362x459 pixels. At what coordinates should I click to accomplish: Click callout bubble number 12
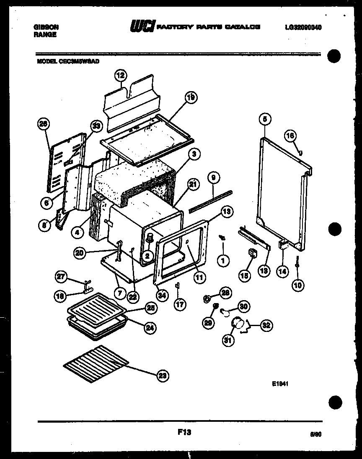click(x=120, y=76)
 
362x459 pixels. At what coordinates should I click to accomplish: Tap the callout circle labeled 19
click(x=191, y=98)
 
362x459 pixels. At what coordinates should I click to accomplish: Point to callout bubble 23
click(x=163, y=376)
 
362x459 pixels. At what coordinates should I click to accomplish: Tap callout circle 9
click(x=213, y=178)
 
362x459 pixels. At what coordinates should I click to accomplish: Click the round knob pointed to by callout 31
click(x=237, y=324)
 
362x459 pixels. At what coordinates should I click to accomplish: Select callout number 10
click(x=298, y=286)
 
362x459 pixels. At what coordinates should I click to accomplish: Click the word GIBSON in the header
click(x=46, y=27)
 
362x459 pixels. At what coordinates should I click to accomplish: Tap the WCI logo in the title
click(x=143, y=27)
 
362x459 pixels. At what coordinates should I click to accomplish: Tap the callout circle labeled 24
click(x=149, y=328)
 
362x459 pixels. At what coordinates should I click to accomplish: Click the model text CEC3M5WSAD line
click(x=68, y=60)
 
